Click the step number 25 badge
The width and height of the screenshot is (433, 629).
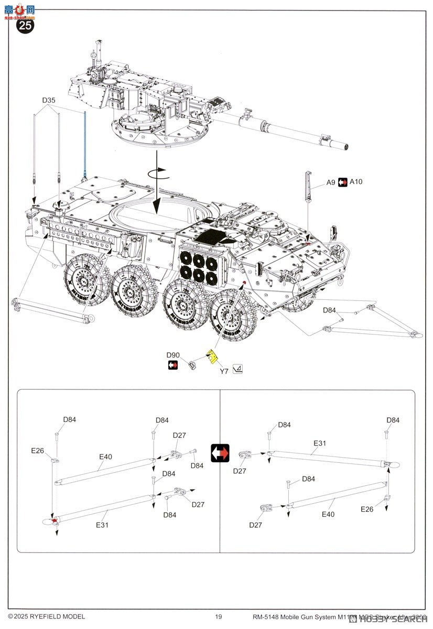[26, 26]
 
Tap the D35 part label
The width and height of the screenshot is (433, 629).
[49, 100]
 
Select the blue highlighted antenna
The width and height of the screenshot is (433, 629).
[85, 147]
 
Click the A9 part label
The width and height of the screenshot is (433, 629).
[330, 182]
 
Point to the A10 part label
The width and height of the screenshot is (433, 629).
[356, 182]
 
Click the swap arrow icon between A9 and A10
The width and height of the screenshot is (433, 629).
[343, 182]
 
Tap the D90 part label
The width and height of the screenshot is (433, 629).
[173, 355]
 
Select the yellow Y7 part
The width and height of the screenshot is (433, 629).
[212, 356]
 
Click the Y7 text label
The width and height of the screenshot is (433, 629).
[224, 371]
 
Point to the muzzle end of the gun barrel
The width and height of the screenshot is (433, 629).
[345, 146]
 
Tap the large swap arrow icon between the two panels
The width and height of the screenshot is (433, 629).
[220, 453]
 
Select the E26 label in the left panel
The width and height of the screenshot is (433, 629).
[38, 450]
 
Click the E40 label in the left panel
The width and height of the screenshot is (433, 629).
[106, 457]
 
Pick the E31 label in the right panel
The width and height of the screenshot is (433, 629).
[320, 443]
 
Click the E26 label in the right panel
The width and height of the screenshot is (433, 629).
[367, 509]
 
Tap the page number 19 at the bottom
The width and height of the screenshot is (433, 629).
[219, 616]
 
